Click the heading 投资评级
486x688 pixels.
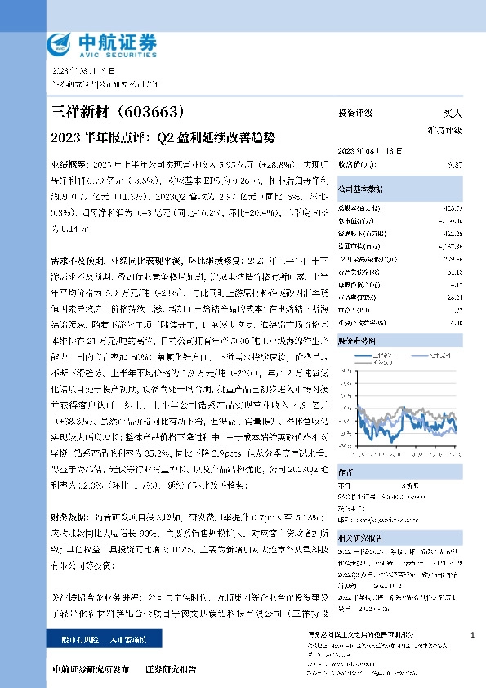click(355, 114)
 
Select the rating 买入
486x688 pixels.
click(453, 114)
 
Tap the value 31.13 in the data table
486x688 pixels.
click(455, 272)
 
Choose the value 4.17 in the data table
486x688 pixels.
click(457, 284)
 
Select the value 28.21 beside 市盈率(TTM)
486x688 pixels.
click(455, 297)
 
